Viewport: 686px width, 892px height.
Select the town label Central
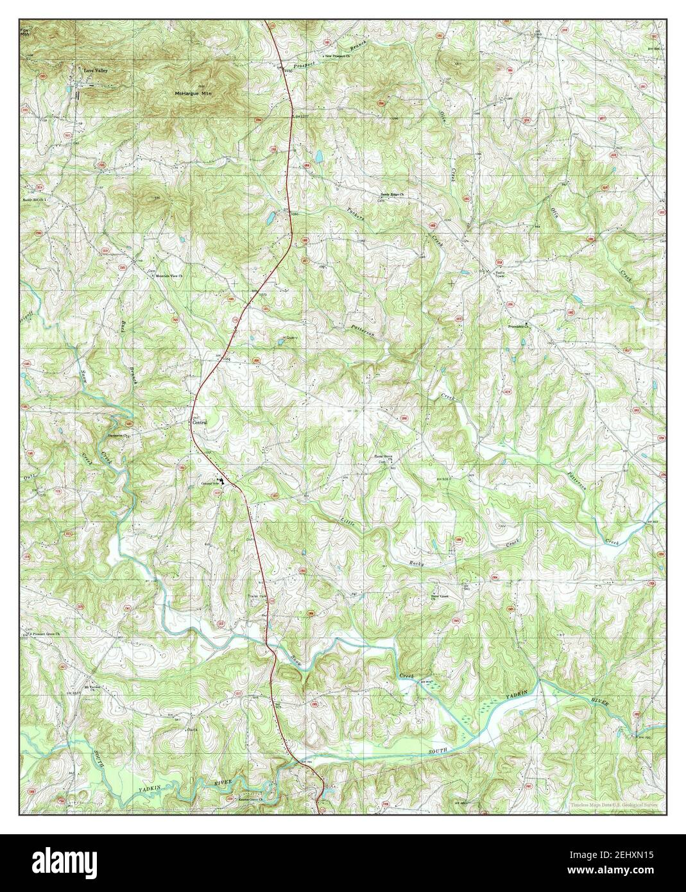tap(199, 422)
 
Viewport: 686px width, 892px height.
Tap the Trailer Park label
tap(257, 596)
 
